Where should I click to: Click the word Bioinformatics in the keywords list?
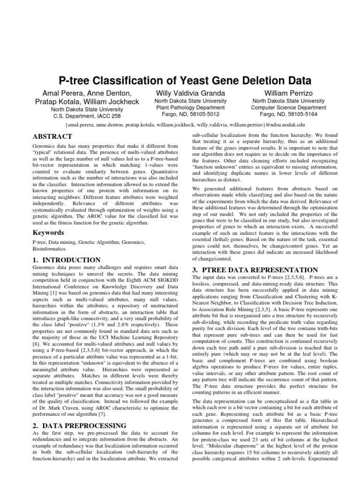(x=49, y=249)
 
